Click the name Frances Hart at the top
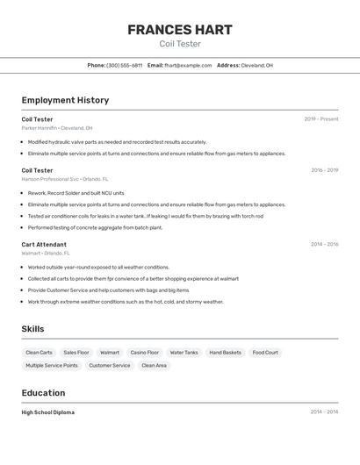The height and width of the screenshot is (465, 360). (180, 30)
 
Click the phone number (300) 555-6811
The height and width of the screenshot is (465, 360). (124, 65)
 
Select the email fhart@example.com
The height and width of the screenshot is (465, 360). (188, 65)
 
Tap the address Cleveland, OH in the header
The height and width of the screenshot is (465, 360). (256, 65)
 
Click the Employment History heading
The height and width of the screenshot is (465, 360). (65, 100)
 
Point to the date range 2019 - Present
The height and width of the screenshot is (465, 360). (320, 119)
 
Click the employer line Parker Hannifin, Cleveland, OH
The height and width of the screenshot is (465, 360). (57, 127)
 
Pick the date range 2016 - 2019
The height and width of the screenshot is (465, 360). (324, 170)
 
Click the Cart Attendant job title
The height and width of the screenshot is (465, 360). (44, 245)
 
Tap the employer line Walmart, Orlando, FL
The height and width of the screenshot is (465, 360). (46, 253)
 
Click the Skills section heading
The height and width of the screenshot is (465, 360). (33, 329)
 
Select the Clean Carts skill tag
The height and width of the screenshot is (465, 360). (39, 353)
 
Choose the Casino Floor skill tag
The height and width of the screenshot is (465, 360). (145, 353)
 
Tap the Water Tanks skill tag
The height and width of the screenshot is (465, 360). (184, 353)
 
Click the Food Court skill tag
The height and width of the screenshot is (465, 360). (265, 353)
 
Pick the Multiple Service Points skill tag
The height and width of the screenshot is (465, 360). (51, 365)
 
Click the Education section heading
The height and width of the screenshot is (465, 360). (43, 393)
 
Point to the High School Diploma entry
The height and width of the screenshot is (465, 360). (48, 412)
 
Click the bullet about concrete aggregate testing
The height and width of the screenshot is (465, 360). (95, 227)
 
